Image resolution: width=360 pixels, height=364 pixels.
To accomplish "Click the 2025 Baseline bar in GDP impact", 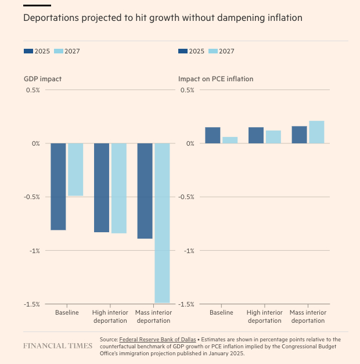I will (x=58, y=186).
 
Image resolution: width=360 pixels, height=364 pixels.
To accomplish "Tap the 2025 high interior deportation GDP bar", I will (x=102, y=188).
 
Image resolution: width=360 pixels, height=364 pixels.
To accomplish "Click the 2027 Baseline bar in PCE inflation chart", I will (x=230, y=140).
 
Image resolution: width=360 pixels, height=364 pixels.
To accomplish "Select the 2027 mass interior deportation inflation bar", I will (x=316, y=132).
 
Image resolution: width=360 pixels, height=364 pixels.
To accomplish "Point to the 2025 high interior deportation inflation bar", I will (x=256, y=135).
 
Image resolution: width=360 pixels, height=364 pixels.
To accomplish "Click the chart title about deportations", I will (x=163, y=18).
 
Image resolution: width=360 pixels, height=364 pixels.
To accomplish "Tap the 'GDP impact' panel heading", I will (x=43, y=79).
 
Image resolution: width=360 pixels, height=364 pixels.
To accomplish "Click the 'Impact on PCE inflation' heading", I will (x=215, y=79).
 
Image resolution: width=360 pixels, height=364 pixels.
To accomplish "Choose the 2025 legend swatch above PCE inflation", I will (x=183, y=51).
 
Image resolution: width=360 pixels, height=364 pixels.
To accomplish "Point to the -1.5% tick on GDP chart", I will (x=31, y=304).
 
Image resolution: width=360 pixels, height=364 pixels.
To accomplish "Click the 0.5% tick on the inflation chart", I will (x=187, y=90).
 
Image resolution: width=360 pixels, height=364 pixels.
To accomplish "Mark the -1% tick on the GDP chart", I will (x=34, y=251).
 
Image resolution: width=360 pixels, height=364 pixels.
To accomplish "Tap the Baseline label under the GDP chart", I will (x=67, y=312).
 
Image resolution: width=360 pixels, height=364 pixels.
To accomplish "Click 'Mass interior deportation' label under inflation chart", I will (x=308, y=316).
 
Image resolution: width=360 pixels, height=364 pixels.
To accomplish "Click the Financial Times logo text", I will (x=57, y=345).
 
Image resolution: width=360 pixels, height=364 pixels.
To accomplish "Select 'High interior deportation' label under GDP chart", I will (x=110, y=316).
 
